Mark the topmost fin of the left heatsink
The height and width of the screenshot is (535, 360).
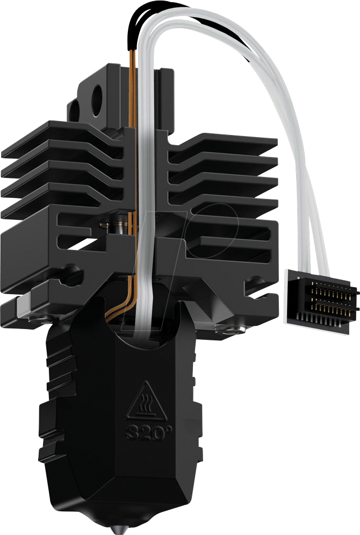point(64,134)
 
